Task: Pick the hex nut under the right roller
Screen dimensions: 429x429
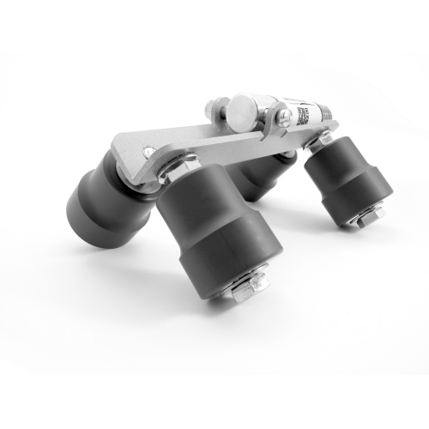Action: pyautogui.click(x=366, y=219)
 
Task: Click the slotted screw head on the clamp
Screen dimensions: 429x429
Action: pyautogui.click(x=280, y=114)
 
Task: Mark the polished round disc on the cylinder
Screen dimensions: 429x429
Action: pyautogui.click(x=243, y=109)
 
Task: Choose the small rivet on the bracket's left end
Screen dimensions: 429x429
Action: pyautogui.click(x=150, y=153)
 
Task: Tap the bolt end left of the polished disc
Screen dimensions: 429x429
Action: pyautogui.click(x=211, y=110)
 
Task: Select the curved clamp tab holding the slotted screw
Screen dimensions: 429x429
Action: pyautogui.click(x=273, y=120)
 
